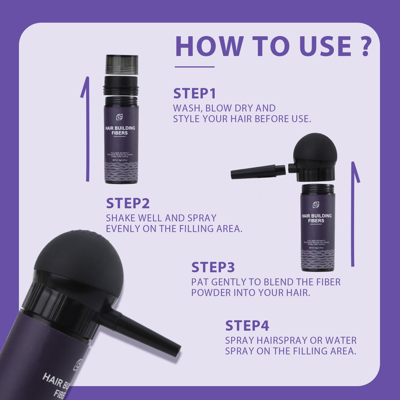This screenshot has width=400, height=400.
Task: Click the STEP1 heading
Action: (x=194, y=94)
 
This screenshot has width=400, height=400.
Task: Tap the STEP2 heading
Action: (x=128, y=203)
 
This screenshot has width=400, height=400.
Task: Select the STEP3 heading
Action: (x=213, y=267)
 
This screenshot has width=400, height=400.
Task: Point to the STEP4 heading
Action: (x=247, y=326)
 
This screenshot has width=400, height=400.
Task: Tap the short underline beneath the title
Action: (x=194, y=67)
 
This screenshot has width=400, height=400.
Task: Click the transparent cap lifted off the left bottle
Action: (x=122, y=64)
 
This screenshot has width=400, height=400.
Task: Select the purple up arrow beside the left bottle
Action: (x=87, y=128)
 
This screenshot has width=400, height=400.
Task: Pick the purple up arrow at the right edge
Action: (x=354, y=213)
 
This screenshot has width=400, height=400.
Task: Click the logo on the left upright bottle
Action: (x=119, y=117)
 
